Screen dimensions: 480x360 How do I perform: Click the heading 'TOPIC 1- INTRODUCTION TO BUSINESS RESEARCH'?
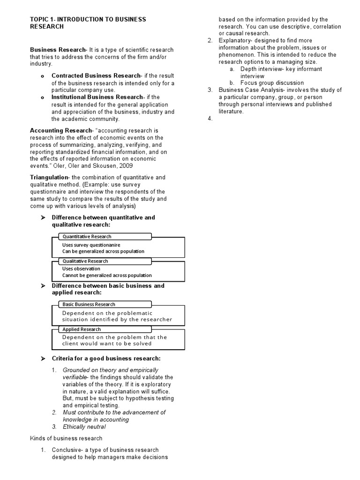[x=88, y=23]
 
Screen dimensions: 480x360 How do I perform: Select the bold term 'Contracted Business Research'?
[x=96, y=75]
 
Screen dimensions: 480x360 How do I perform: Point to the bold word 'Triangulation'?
[x=49, y=177]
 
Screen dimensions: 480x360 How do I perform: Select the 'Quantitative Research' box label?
[x=87, y=236]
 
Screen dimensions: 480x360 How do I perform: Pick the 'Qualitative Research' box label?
[x=85, y=261]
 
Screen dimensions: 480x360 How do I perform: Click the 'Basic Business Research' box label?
[x=89, y=304]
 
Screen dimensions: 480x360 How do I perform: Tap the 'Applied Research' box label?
[x=82, y=329]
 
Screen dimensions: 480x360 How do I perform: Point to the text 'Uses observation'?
[x=81, y=269]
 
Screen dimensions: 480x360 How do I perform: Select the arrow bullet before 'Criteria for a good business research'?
[x=43, y=359]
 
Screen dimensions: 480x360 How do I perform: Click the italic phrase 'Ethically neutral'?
[x=84, y=427]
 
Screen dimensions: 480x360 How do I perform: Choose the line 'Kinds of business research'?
[x=66, y=438]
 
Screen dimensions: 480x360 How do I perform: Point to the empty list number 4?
[x=210, y=119]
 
